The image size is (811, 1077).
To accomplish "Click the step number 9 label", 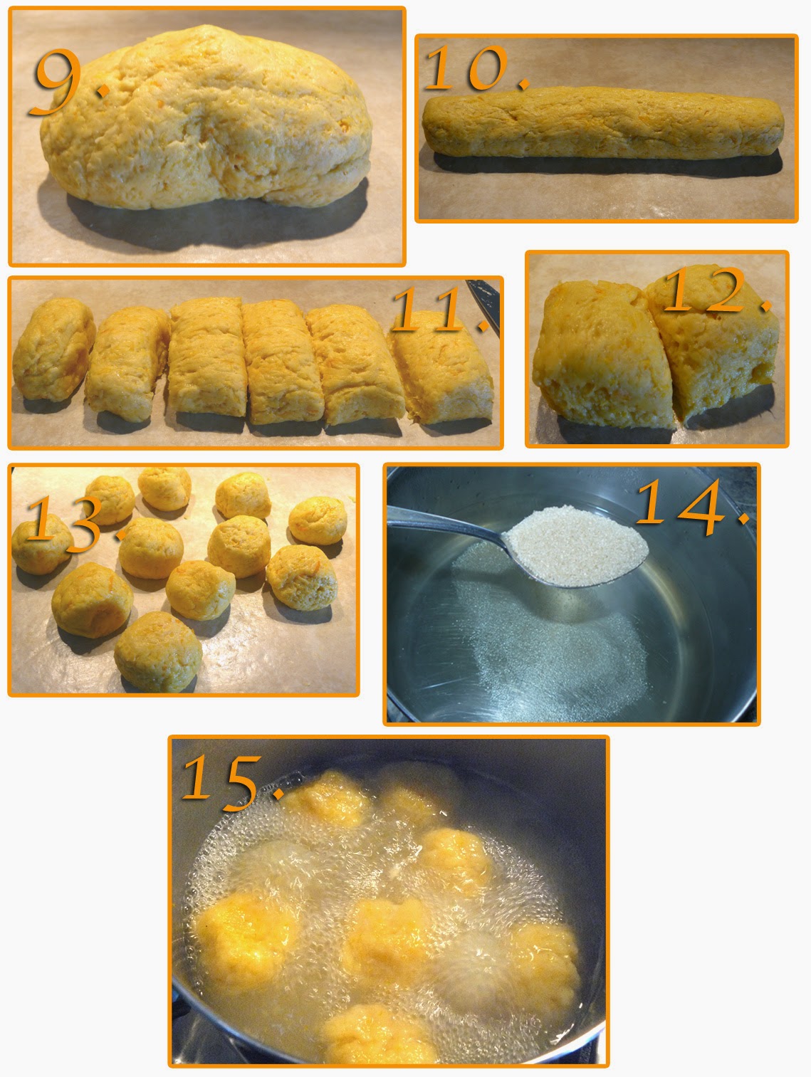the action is click(68, 83).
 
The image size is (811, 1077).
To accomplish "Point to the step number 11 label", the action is click(440, 310).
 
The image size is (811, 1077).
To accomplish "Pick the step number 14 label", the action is click(693, 507).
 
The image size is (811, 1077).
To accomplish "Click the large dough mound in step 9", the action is click(206, 117).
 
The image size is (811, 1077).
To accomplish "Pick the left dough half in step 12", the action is click(604, 355).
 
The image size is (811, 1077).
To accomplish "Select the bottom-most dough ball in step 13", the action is click(158, 651).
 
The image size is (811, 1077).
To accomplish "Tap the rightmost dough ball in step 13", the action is click(318, 520).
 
